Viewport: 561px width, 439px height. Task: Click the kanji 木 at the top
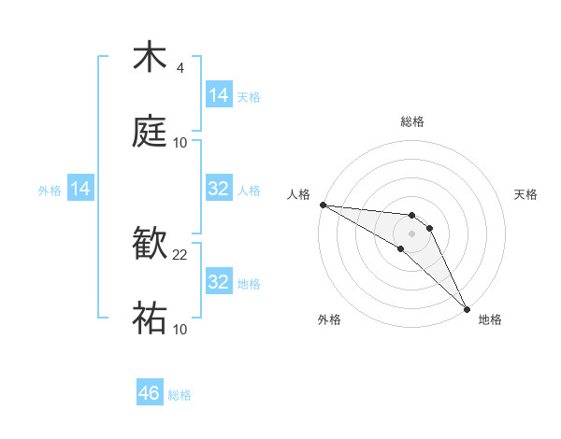coord(150,57)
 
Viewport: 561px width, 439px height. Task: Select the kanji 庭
coord(150,132)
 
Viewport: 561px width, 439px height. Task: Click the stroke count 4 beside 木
coord(180,68)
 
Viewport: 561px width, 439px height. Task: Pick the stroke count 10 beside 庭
coord(180,143)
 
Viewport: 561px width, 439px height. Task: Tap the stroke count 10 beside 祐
coord(180,330)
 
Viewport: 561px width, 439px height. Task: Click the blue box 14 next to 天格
coord(219,95)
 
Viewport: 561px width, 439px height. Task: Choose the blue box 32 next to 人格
coord(219,189)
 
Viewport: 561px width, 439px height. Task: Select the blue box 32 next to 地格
coord(219,282)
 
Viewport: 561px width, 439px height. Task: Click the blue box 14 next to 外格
coord(80,189)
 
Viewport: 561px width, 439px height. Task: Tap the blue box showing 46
coord(150,393)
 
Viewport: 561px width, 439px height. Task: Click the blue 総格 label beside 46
coord(180,395)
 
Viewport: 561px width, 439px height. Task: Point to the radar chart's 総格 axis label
coord(412,121)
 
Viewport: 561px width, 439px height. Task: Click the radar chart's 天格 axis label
coord(525,194)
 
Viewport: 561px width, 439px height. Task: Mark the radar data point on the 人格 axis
coord(323,205)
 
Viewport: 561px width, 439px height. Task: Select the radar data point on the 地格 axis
coord(467,307)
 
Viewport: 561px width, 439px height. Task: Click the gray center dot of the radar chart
coord(411,233)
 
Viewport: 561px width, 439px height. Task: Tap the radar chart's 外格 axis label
coord(329,319)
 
